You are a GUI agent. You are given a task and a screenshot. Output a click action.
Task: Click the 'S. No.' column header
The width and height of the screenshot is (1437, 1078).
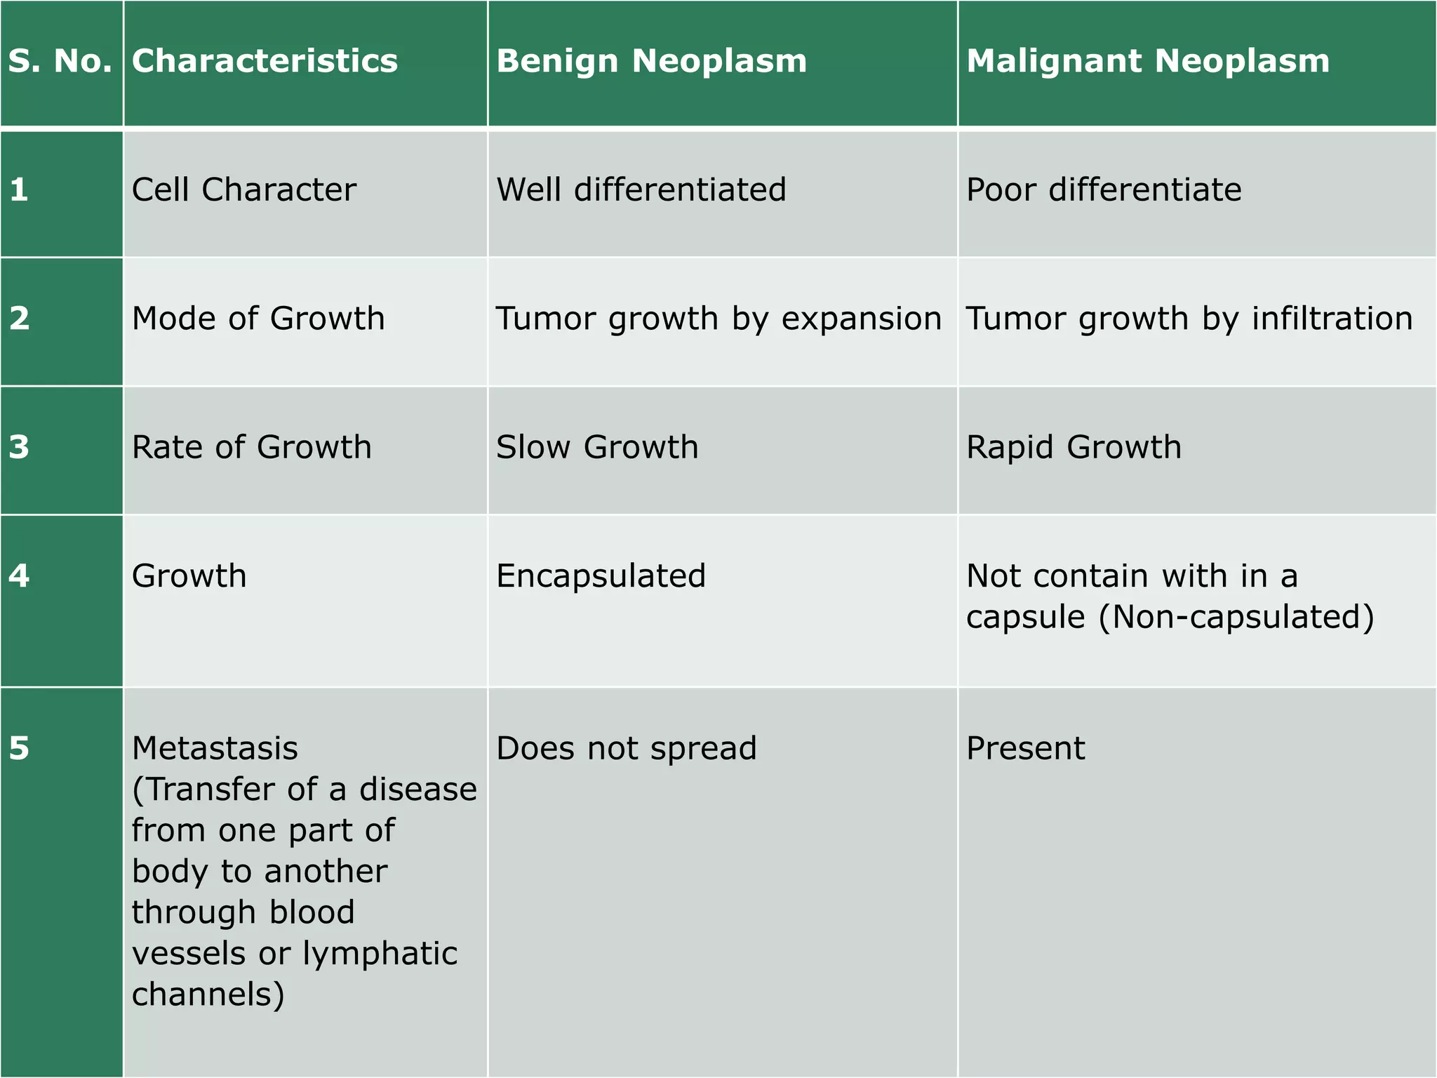coord(60,61)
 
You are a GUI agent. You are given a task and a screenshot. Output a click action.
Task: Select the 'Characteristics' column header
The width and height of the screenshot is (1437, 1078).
coord(265,61)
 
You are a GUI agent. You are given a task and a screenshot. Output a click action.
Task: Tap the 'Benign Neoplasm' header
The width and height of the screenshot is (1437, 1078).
coord(651,61)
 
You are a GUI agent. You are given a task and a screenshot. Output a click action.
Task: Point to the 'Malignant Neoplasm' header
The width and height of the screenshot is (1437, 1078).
coord(1147,61)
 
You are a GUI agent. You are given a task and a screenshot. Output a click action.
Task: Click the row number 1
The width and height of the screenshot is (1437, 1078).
coord(19,189)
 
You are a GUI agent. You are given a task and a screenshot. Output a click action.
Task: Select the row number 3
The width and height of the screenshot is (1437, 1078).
coord(19,447)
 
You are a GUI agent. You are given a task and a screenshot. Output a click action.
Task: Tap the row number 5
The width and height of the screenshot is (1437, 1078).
coord(19,748)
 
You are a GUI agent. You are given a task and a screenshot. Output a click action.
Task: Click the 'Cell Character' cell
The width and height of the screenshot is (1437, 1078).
coord(243,189)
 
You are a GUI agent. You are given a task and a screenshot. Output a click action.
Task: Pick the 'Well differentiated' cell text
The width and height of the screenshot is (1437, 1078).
coord(641,189)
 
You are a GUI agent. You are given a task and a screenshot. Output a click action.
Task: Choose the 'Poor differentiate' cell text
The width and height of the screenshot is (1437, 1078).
coord(1103,189)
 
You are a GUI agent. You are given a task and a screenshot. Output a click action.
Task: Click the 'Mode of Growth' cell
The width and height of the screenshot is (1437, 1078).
coord(258,319)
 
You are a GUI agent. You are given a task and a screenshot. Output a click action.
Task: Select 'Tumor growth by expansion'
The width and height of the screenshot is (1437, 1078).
coord(718,319)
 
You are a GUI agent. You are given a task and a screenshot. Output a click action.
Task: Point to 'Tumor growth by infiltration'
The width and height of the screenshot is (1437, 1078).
coord(1189,319)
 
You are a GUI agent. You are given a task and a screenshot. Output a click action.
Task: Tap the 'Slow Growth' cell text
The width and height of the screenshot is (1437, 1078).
coord(597,447)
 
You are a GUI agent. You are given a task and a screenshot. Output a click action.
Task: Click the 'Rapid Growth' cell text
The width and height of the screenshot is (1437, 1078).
coord(1074,447)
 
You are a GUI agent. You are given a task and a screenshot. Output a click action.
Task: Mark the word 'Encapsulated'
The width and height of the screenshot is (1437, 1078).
coord(601,576)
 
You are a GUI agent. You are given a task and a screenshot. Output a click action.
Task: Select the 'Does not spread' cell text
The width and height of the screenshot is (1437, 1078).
coord(626,748)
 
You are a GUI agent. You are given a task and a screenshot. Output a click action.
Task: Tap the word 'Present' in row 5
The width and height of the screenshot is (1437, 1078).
coord(1025,748)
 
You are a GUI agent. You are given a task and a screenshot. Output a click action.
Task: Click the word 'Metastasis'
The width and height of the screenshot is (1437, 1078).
coord(215,748)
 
